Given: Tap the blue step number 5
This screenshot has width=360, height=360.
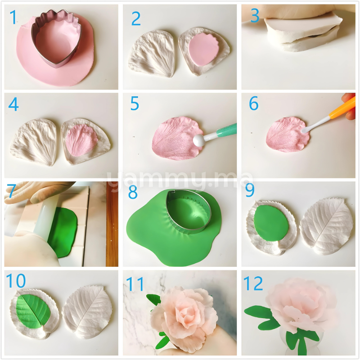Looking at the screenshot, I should pyautogui.click(x=135, y=104).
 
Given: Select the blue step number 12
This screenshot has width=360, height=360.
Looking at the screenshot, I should pyautogui.click(x=253, y=283).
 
